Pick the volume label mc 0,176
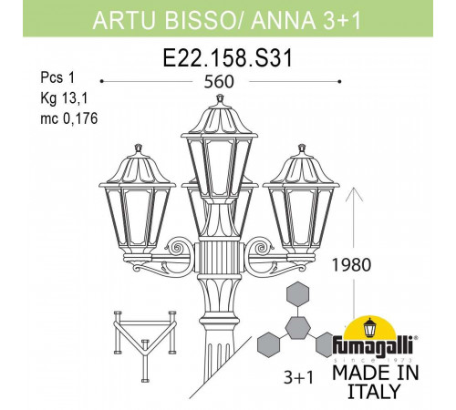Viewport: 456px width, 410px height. (43, 118)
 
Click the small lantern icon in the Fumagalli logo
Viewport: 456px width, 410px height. (372, 327)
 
